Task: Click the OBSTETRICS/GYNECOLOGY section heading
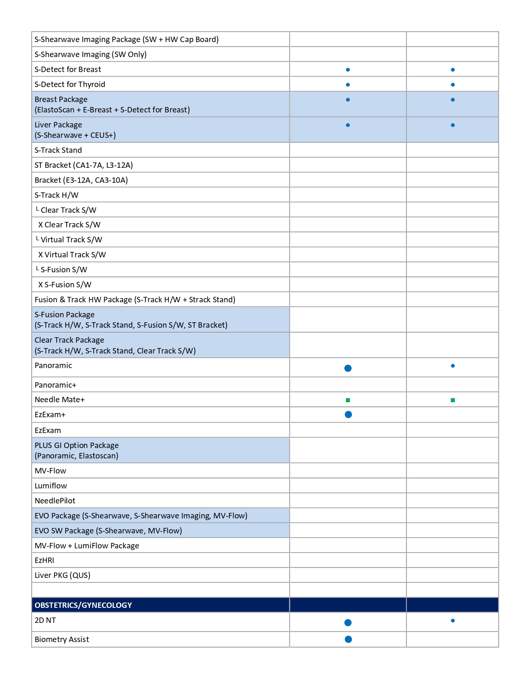point(83,605)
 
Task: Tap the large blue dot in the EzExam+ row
point(349,414)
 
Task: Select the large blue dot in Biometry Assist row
point(349,639)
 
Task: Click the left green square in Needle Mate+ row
point(348,400)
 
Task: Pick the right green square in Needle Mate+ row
point(453,400)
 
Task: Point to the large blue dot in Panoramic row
point(348,368)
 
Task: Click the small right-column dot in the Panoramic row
point(453,366)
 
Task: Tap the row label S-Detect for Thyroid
point(70,85)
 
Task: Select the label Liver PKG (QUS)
point(62,575)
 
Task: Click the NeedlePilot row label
point(55,500)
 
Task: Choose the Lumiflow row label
point(51,485)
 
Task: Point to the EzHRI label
point(45,560)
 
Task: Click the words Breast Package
point(61,100)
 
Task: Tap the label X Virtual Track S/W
point(72,254)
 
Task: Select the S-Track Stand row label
point(58,150)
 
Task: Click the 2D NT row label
point(45,620)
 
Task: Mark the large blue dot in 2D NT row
point(348,622)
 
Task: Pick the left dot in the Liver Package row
point(348,125)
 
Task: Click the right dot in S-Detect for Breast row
point(453,70)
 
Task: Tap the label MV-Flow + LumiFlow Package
point(87,545)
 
